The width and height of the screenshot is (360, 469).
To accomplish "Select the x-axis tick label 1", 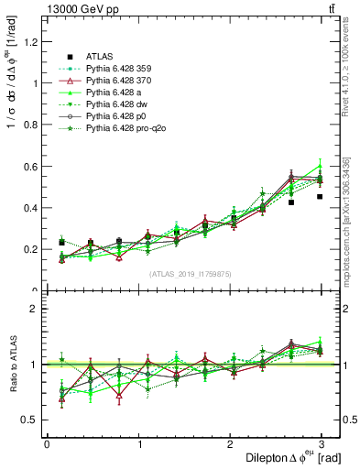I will [138, 444].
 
